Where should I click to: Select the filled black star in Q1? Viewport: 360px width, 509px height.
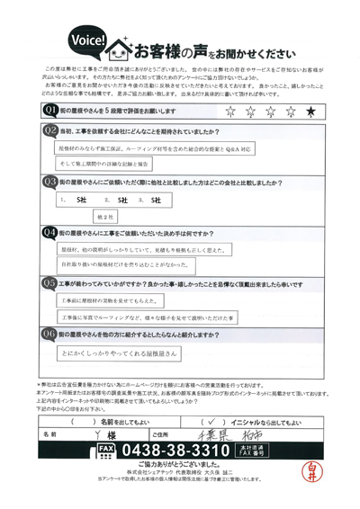[x=310, y=111]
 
